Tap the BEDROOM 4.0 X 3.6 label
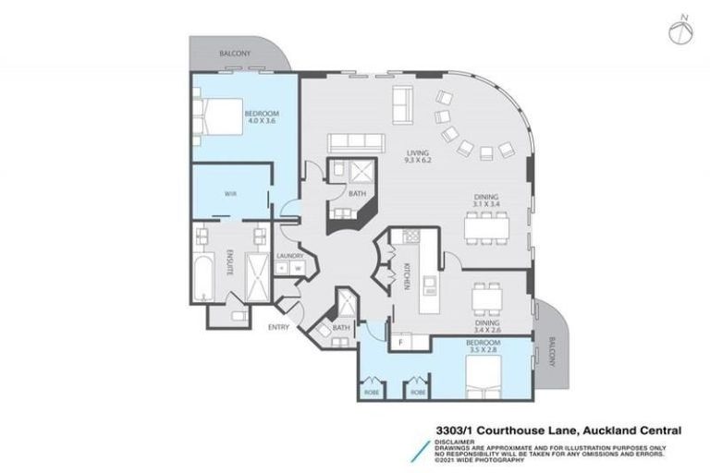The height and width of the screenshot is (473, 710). point(261,117)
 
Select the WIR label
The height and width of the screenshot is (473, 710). point(232,194)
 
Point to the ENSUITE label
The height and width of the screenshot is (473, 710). point(231,257)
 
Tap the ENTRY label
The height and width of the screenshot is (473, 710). point(278,327)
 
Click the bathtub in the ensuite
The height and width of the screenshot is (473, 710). point(202,271)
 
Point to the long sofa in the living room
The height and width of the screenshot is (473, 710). point(355,141)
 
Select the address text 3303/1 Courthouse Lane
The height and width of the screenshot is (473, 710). point(510,430)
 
